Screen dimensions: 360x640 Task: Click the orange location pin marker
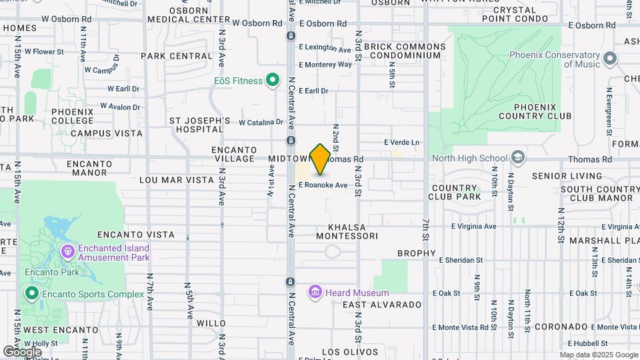point(320,159)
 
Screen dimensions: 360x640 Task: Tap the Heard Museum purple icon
point(315,292)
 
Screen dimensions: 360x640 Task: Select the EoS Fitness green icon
point(272,81)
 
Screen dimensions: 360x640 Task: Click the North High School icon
point(518,158)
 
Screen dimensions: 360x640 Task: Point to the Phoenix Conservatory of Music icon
point(609,60)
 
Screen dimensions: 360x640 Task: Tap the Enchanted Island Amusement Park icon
point(67,252)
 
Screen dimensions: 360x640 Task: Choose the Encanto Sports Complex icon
point(31,293)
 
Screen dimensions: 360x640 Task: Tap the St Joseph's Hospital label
point(199,125)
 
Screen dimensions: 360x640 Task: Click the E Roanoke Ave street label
point(323,185)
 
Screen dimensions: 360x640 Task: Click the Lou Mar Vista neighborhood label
point(166,180)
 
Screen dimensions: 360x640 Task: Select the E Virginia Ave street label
point(473,226)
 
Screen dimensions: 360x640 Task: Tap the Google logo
point(22,351)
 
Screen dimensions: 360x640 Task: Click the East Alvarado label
point(382,305)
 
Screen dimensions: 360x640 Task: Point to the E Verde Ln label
point(402,142)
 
